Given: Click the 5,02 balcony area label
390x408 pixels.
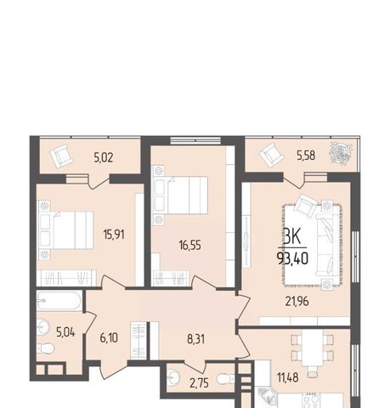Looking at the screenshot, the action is pos(104,158).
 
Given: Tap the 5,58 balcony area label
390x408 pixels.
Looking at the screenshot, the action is pos(306,156).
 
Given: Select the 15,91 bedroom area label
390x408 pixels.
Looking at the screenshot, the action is pos(114,235).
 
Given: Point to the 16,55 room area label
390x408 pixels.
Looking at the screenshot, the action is pos(190,245).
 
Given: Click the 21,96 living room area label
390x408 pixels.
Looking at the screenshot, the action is pos(297,302).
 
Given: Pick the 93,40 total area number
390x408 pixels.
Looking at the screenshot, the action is pos(293,258).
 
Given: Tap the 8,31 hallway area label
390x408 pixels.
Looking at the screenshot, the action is pos(195,339).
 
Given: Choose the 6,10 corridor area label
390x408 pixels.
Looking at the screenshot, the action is pos(109,337).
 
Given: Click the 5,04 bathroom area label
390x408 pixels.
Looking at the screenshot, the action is pos(65,332).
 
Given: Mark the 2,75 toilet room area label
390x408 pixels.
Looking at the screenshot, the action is pos(200,383).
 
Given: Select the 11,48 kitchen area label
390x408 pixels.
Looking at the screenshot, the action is pos(288,377).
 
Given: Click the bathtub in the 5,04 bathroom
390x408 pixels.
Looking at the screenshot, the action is pos(59,301).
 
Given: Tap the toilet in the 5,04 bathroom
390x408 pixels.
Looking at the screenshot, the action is pos(45,348).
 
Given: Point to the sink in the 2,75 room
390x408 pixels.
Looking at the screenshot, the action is pos(172,377).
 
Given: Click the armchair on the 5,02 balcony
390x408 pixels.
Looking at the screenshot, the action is pos(61,156).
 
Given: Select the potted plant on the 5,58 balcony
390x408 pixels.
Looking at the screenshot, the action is pos(341,153).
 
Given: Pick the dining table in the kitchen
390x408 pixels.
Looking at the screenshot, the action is pos(312,348).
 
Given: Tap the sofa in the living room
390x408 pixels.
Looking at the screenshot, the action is pos(327,244).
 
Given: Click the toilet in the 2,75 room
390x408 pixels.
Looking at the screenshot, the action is pos(226,378).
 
